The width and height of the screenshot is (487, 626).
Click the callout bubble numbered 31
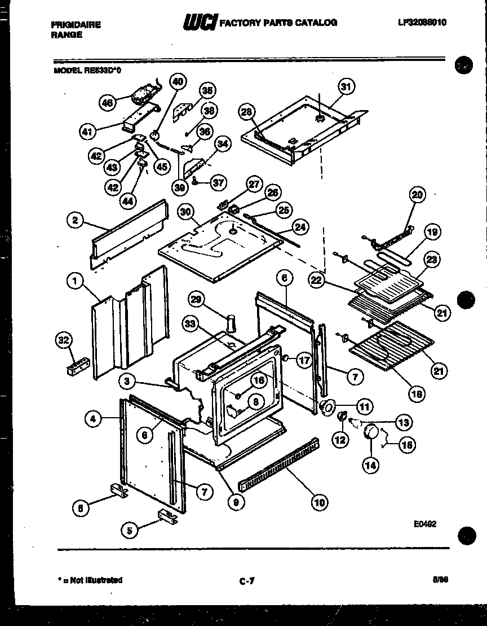coord(346,86)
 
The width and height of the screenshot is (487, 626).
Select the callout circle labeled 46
coord(106,102)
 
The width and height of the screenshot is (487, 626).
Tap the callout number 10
coord(320,502)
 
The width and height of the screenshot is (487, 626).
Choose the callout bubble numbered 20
coord(418,195)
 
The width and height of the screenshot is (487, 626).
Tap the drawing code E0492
coord(425,524)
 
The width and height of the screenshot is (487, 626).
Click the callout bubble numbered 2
coord(74,221)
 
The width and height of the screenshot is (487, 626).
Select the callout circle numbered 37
coord(218,182)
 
